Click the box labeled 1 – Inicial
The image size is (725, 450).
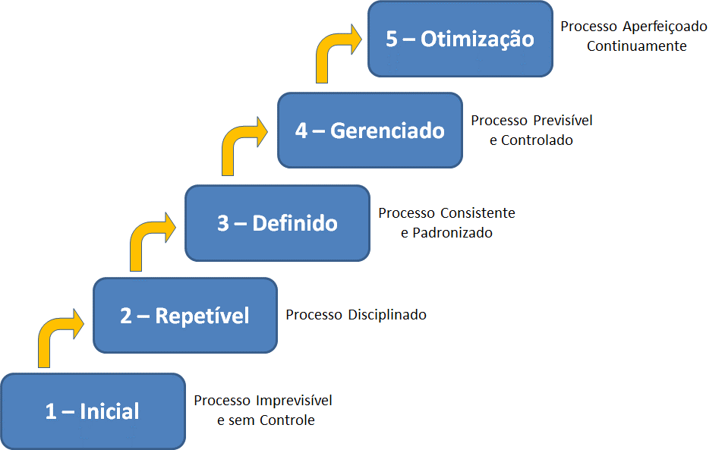coord(93,411)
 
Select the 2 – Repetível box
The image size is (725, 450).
coord(185,316)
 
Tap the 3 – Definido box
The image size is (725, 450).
coord(277,223)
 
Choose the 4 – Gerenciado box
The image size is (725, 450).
coord(370,131)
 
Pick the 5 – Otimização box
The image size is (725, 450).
coord(461,39)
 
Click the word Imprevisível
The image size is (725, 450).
coord(294,401)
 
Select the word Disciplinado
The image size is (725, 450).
coord(387,315)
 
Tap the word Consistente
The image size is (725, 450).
coord(478,213)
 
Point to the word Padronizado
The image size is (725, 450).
coord(452,233)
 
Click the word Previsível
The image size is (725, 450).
coord(563,120)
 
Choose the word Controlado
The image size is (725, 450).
coord(537,140)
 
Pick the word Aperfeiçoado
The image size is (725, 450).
coord(665,27)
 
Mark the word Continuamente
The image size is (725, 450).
coord(637,46)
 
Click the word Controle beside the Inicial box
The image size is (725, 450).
coord(287,420)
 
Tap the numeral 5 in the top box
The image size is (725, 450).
coord(392,39)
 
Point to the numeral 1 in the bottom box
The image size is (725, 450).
coord(51,411)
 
